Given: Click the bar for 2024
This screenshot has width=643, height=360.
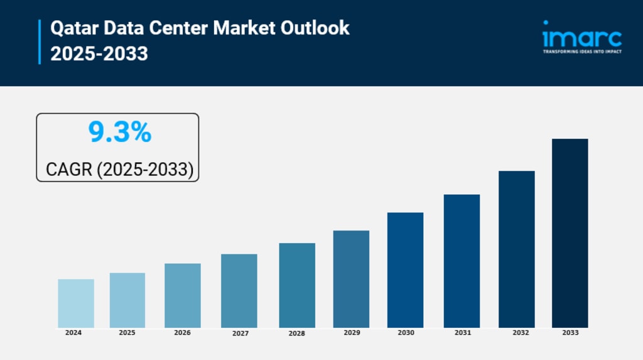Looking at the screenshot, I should [76, 303].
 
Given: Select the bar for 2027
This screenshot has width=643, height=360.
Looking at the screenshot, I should [239, 291].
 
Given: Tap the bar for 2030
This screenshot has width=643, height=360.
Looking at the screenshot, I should [405, 270].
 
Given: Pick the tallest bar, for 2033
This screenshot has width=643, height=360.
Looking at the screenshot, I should [570, 233].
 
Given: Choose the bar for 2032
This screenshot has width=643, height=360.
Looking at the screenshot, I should [516, 249].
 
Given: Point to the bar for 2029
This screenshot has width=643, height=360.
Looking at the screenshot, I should [351, 279].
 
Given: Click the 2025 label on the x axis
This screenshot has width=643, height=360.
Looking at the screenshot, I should [127, 332].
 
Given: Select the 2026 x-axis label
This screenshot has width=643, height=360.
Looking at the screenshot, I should [182, 332].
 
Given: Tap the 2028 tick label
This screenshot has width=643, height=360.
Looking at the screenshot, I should [297, 333].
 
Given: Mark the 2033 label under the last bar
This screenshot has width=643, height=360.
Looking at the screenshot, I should [570, 332].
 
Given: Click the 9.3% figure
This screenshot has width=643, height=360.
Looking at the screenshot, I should [119, 133].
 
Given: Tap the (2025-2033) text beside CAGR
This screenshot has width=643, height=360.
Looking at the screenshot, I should [145, 169].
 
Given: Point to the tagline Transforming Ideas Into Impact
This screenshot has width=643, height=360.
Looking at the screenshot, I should [581, 52].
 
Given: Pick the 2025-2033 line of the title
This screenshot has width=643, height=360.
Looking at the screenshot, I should [99, 54].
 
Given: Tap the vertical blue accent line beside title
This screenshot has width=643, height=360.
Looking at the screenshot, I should [40, 41].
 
